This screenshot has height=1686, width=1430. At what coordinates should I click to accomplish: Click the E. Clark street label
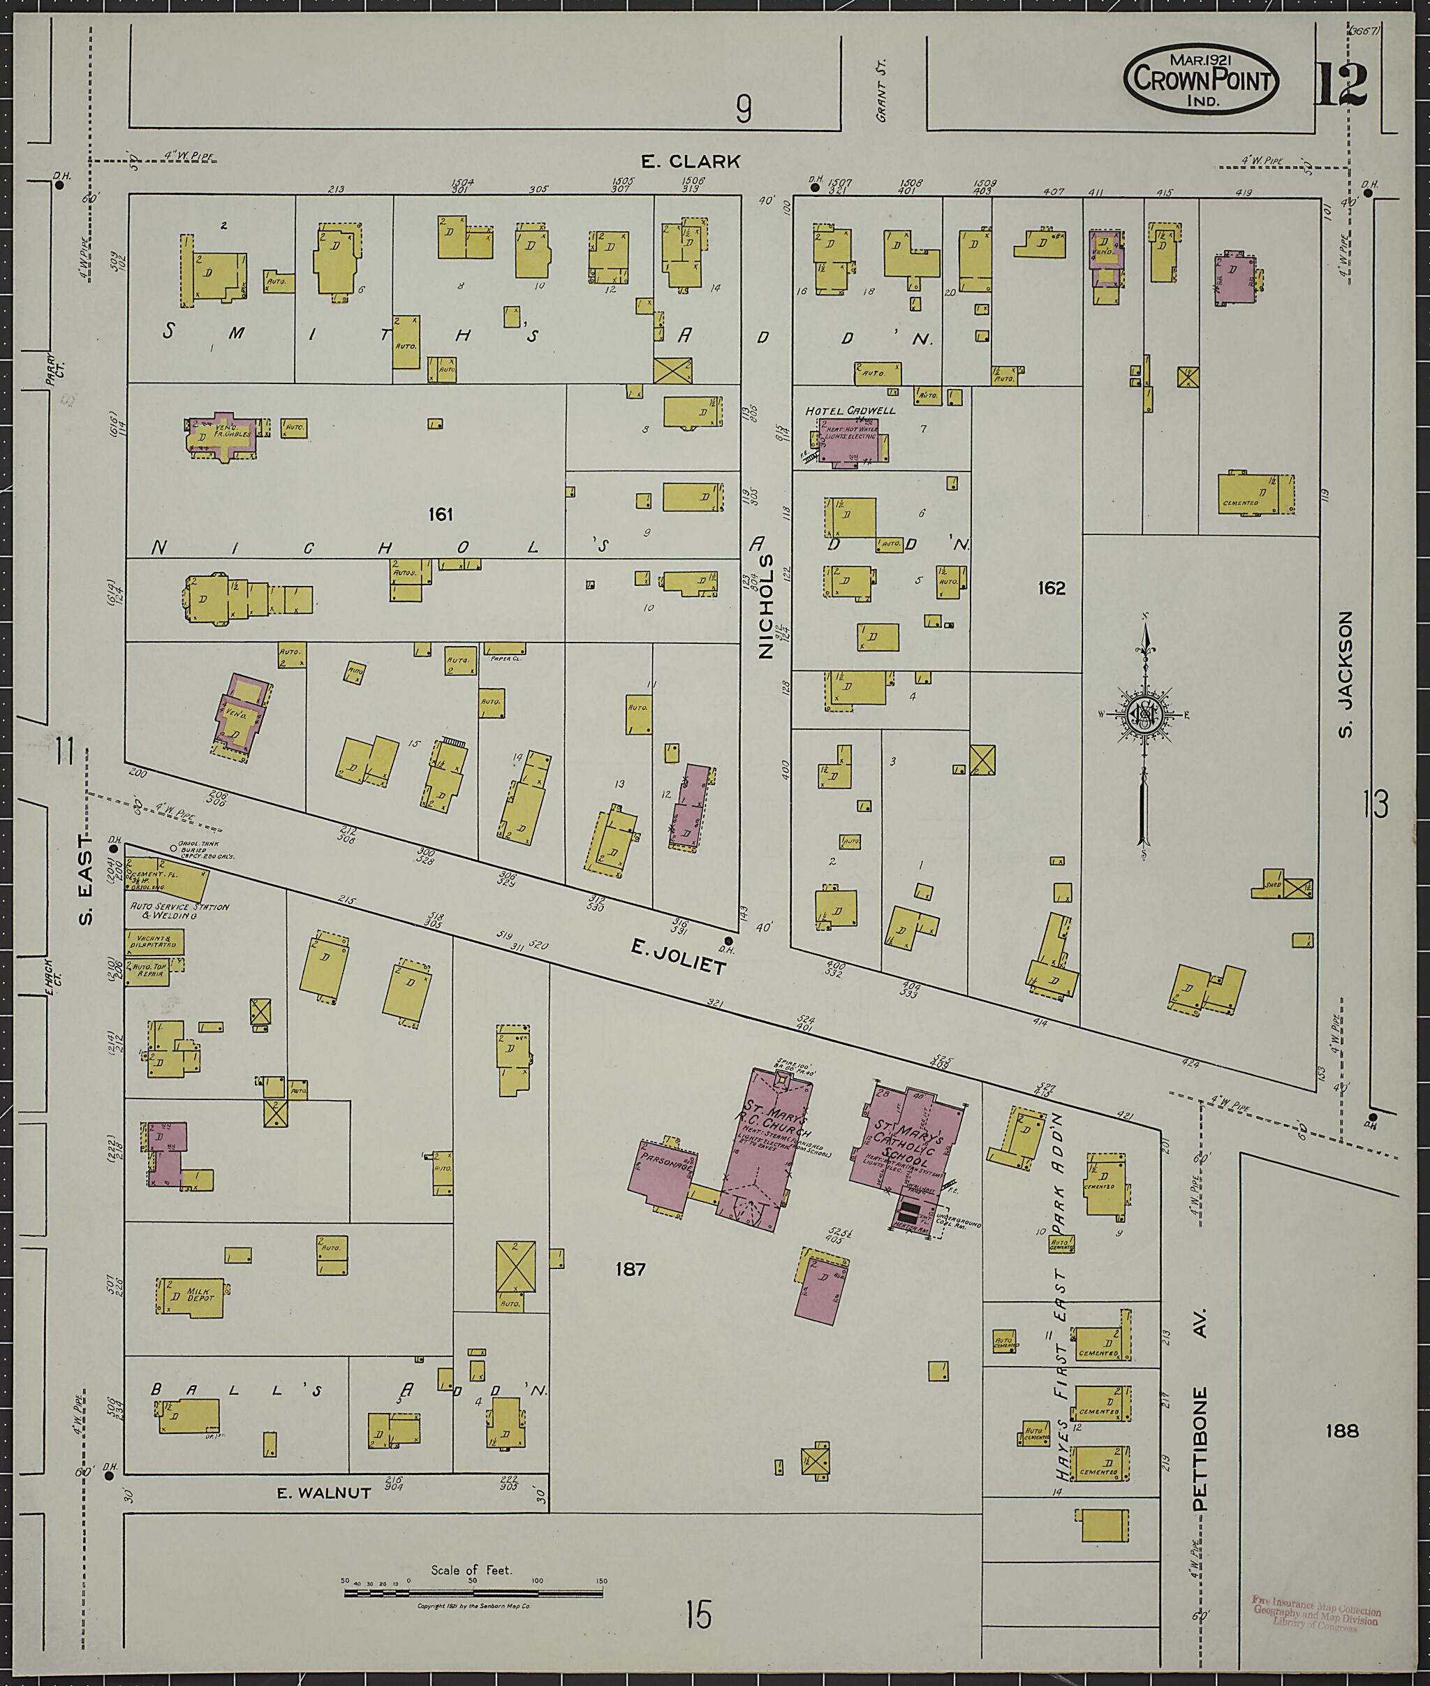(691, 161)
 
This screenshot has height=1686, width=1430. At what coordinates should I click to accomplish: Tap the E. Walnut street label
(323, 1492)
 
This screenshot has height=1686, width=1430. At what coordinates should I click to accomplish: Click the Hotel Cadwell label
(850, 411)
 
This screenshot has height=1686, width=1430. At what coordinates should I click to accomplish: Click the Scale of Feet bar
(473, 1592)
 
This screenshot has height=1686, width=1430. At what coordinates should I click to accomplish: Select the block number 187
(630, 1269)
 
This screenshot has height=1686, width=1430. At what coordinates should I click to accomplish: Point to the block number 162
(1052, 588)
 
